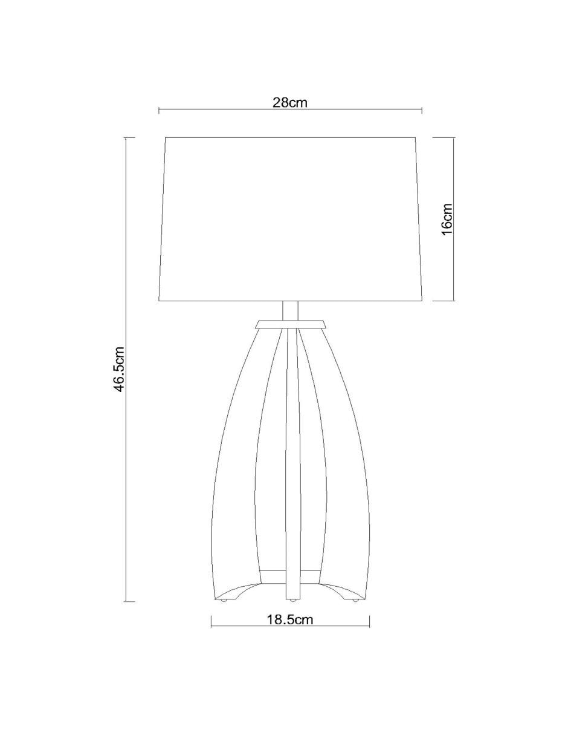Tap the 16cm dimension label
447,218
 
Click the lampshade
291,219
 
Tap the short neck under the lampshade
290,310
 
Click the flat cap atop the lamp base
290,324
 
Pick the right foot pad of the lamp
356,601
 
